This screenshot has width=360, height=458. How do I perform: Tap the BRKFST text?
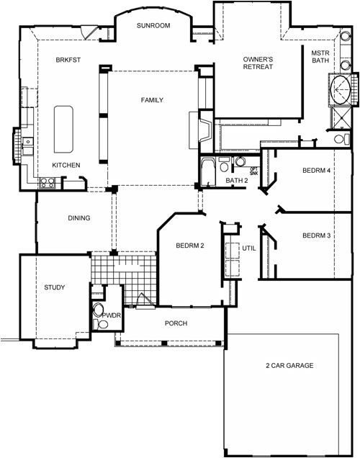pos(68,61)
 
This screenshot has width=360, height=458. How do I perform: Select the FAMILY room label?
pos(152,100)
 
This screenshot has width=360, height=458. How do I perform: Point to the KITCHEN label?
pos(66,166)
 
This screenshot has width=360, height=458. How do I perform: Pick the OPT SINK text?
pos(253,171)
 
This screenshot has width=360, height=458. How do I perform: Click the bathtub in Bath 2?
pos(209,171)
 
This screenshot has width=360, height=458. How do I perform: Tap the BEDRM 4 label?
pos(316,171)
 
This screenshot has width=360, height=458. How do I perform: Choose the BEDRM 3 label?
pos(316,236)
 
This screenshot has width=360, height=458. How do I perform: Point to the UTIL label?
pos(249,247)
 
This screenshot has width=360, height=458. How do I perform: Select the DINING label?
pos(78,219)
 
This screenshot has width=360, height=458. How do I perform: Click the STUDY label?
pos(54,288)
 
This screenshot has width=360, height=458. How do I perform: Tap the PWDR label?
pos(110,315)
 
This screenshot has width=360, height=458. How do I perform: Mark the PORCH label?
pos(176,324)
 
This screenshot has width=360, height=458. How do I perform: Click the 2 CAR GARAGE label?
pos(289,366)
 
